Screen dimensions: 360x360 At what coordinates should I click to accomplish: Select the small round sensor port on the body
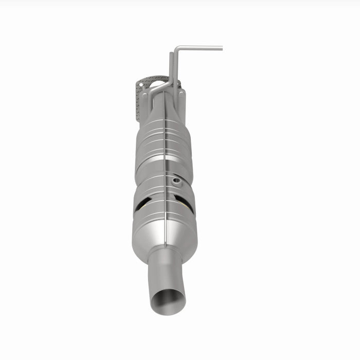tap(176, 181)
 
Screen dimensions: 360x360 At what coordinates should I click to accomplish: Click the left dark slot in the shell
tap(141, 204)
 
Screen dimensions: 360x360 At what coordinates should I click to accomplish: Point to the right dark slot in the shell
tap(184, 204)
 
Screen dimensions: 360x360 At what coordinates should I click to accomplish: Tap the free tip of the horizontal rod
tap(221, 49)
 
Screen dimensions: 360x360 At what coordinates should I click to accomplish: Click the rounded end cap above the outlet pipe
tap(165, 237)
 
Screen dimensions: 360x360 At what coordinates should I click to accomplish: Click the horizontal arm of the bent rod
tap(201, 49)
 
